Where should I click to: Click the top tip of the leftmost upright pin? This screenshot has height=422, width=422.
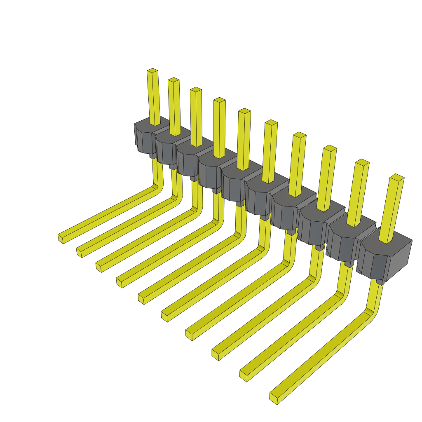pos(152,71)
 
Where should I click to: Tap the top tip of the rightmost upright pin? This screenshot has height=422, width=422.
pos(397,178)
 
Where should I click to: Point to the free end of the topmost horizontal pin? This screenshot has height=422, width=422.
pos(61,238)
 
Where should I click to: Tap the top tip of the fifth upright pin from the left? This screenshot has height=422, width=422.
pos(244,111)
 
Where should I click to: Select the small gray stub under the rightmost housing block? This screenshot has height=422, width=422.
pos(380,282)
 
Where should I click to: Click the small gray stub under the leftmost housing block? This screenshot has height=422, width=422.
pos(152,156)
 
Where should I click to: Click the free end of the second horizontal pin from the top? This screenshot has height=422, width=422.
pos(79,252)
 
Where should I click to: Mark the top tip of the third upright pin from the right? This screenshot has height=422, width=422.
pos(330,148)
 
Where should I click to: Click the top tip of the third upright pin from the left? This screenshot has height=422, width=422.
pos(196,90)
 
